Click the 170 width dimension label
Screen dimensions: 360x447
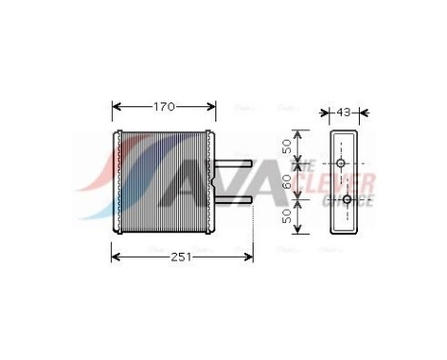[x=164, y=105]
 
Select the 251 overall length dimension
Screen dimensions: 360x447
[x=182, y=257]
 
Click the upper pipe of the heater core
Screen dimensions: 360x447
[x=235, y=164]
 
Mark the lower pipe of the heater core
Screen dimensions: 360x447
[x=235, y=200]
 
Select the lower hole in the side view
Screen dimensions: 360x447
[x=346, y=200]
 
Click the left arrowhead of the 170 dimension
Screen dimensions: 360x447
[x=116, y=105]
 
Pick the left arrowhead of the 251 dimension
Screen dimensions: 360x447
[x=116, y=257]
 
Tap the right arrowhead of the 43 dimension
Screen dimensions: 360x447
[x=364, y=113]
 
